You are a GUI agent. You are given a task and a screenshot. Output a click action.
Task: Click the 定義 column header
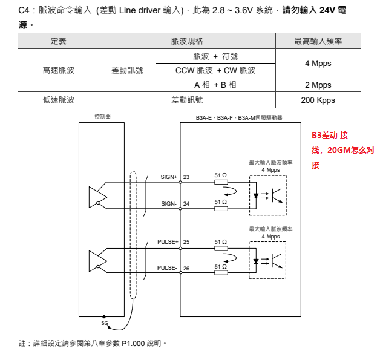59,41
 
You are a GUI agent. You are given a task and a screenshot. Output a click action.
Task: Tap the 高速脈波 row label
59,70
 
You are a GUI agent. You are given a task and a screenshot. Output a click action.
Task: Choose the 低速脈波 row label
59,100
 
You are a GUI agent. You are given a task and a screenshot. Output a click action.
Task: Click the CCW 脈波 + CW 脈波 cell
215,70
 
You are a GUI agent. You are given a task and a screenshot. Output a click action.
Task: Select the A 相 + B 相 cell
215,85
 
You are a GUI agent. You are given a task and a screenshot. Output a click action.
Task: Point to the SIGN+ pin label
169,177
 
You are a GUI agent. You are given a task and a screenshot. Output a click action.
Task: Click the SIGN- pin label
169,204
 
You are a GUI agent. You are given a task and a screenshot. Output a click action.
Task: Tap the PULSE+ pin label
168,242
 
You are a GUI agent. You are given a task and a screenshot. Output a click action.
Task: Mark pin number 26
186,269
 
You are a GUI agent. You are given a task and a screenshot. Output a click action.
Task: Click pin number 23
186,177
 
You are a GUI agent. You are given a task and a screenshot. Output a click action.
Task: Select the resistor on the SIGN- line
221,208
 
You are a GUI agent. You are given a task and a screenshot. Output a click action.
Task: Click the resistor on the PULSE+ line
221,247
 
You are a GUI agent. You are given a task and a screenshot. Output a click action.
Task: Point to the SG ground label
104,324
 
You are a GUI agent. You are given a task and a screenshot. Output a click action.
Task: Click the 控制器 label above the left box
103,117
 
